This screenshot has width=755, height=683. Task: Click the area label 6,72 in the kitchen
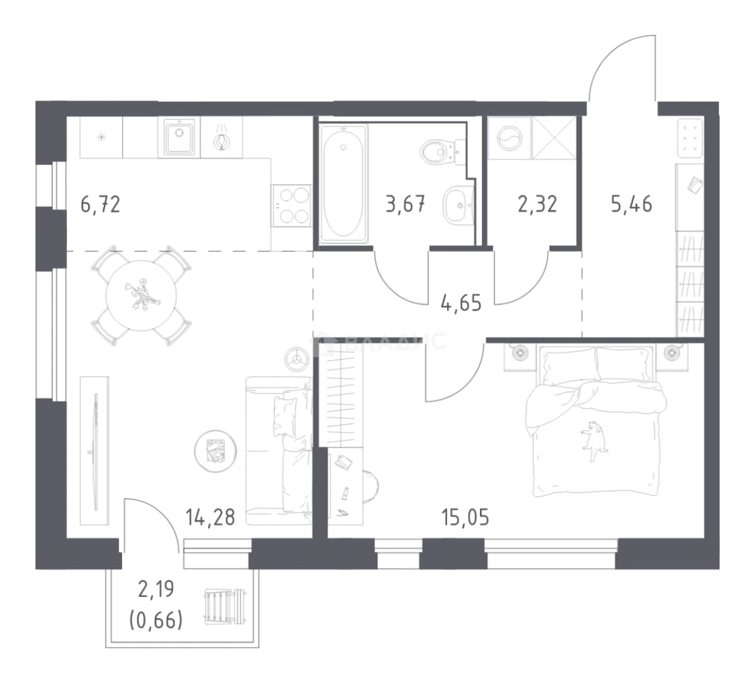[100, 205]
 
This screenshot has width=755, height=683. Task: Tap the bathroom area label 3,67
[405, 204]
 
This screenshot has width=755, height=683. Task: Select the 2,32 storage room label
[537, 204]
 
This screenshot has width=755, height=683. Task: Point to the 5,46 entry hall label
[632, 204]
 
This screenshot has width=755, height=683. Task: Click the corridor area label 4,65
[461, 304]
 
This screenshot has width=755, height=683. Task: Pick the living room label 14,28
[211, 517]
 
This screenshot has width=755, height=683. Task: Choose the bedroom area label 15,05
[465, 517]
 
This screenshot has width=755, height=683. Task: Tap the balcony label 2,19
[156, 589]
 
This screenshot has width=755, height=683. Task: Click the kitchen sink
[179, 137]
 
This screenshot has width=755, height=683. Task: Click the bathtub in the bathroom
[343, 184]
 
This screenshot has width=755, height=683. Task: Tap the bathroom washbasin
[458, 205]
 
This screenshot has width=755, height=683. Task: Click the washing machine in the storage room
[510, 138]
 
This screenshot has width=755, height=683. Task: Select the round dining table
[141, 295]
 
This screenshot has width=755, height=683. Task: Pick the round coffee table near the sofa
[215, 451]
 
